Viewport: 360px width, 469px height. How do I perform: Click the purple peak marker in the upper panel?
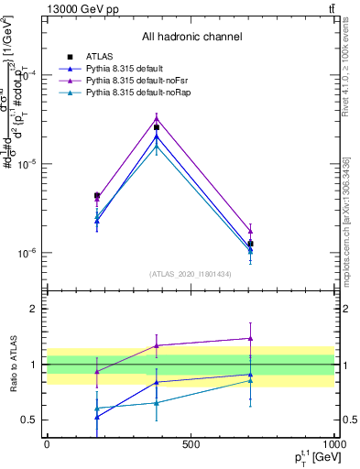157,117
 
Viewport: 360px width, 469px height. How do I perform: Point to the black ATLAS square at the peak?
157,127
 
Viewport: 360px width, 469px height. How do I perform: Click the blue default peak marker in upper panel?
157,136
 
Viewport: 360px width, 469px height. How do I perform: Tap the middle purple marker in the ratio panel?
157,345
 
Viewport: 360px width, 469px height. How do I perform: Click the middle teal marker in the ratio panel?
157,402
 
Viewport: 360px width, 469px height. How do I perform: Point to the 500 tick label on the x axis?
190,444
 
